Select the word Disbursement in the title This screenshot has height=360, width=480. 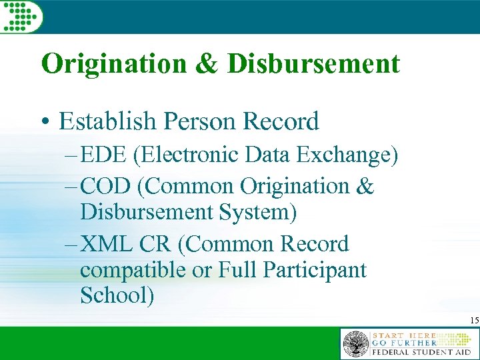click(x=314, y=64)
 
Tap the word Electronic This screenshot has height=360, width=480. click(x=189, y=155)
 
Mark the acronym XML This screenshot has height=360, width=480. click(x=107, y=245)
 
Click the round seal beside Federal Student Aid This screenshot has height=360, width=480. click(x=355, y=344)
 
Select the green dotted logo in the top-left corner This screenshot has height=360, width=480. click(x=21, y=16)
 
